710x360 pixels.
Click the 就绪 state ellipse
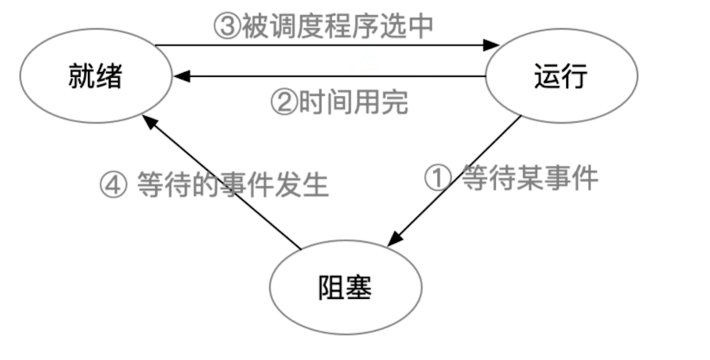[95, 78]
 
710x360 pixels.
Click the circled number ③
[226, 27]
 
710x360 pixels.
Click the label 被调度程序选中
[337, 27]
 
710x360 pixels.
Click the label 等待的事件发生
[232, 184]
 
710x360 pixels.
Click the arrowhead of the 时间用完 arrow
[181, 76]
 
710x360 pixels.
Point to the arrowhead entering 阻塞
[395, 239]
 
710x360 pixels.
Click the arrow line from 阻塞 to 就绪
[225, 185]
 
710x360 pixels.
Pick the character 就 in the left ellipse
[81, 78]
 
